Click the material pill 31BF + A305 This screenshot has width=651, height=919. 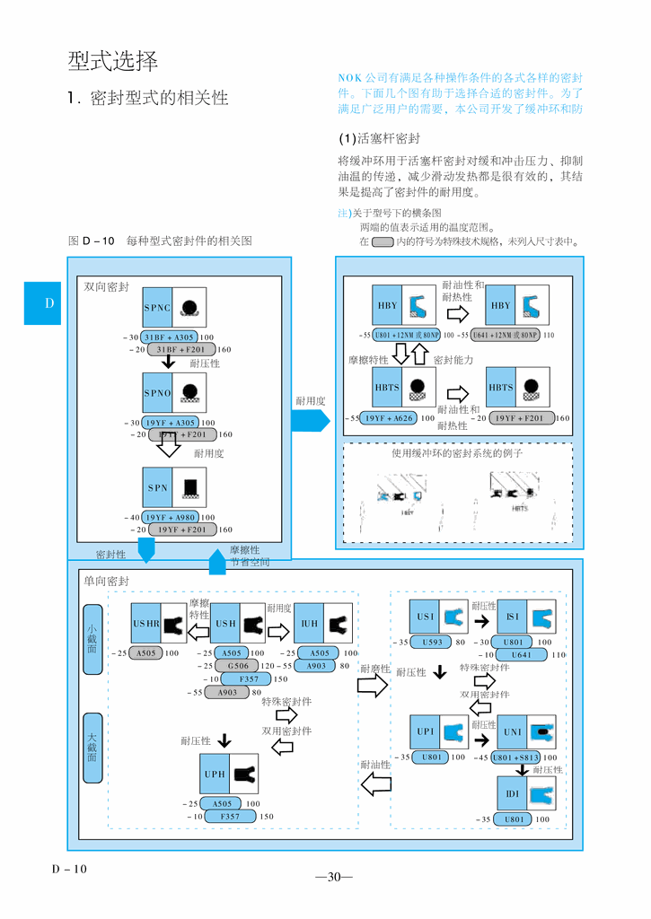click(170, 337)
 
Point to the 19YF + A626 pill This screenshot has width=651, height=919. click(389, 417)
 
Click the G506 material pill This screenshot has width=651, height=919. click(237, 666)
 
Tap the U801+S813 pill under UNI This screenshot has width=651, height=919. click(516, 758)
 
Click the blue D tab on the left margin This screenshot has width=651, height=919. click(49, 302)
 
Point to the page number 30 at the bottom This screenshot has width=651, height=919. click(334, 877)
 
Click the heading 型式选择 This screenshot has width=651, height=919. click(113, 61)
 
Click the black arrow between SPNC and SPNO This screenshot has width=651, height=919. click(168, 361)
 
